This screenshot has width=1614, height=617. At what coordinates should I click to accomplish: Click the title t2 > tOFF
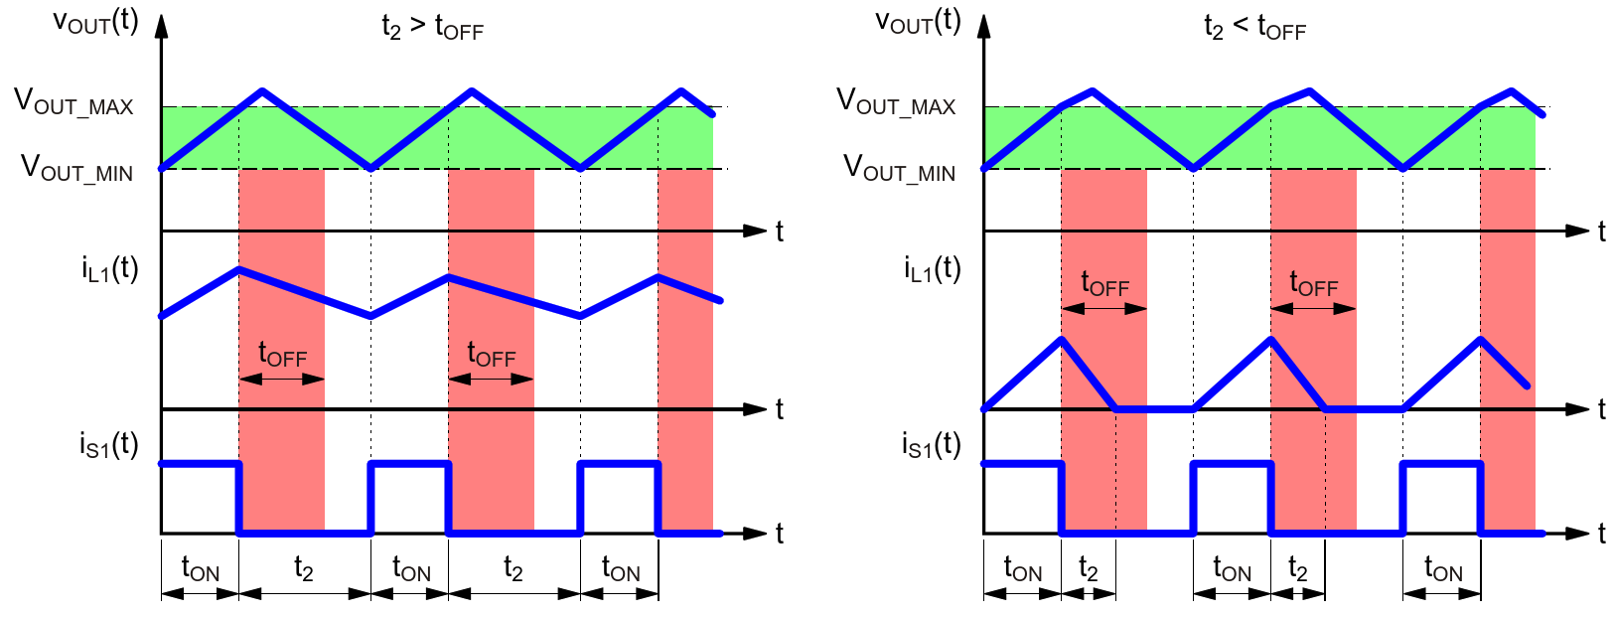tap(432, 27)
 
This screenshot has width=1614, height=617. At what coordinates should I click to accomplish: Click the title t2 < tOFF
tap(1254, 27)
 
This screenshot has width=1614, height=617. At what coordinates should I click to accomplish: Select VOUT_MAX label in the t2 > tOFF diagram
tap(73, 102)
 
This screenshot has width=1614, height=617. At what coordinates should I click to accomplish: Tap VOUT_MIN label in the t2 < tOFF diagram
tap(899, 168)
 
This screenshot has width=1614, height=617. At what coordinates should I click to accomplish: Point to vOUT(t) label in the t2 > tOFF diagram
tap(95, 22)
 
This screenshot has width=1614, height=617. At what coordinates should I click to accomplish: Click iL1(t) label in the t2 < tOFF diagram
tap(932, 269)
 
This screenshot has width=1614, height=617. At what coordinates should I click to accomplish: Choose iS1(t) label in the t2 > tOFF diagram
tap(109, 445)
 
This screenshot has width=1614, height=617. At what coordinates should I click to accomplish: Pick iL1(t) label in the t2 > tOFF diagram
tap(109, 269)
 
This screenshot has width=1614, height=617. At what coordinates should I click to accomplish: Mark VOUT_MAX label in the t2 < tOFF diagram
tap(896, 102)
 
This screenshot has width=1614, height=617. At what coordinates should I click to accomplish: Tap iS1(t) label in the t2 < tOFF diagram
tap(932, 445)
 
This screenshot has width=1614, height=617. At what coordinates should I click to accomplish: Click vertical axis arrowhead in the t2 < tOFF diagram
tap(984, 25)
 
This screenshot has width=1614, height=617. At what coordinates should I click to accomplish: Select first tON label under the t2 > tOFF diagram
tap(200, 569)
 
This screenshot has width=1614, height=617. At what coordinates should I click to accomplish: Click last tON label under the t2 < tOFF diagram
tap(1442, 569)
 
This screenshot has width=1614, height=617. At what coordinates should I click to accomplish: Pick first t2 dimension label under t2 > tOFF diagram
tap(304, 569)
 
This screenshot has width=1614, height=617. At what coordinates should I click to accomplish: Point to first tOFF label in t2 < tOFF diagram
tap(1104, 285)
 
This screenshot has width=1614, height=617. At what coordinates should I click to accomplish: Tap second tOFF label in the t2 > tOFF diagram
tap(491, 355)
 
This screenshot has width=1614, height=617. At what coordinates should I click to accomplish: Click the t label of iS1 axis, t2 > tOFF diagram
tap(780, 534)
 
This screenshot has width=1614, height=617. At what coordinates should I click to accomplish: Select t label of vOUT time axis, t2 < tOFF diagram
tap(1602, 231)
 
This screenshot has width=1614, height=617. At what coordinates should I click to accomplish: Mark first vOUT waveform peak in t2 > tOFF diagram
tap(262, 91)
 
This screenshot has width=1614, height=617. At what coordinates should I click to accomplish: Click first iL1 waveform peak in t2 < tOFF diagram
tap(1062, 339)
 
